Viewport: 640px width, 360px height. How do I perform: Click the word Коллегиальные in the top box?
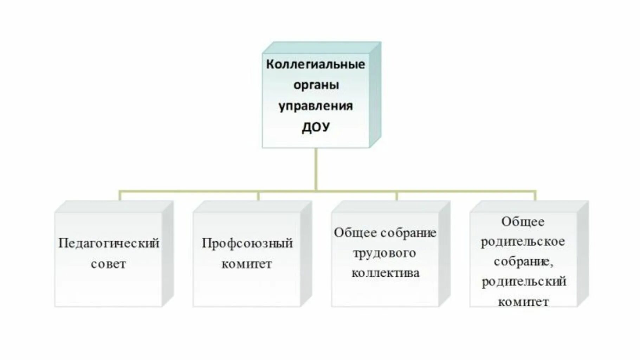coord(315,64)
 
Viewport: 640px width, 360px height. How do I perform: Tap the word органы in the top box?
coord(316,85)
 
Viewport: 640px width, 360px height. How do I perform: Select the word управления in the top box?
coord(316,106)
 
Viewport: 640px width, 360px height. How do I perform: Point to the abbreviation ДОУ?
coord(316,127)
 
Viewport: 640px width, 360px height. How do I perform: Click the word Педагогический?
coord(109,243)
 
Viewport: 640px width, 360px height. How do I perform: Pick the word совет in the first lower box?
coord(108,264)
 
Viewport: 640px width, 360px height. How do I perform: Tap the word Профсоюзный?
coord(247,243)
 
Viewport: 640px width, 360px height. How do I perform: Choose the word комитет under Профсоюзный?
coord(247,264)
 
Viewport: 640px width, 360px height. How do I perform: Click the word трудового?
coord(384,253)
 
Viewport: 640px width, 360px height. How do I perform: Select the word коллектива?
coord(385,273)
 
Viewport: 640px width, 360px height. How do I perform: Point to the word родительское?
coord(523,242)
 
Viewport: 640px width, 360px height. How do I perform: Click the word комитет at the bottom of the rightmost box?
coord(523,302)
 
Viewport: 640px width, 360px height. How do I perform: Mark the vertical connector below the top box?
coord(316,169)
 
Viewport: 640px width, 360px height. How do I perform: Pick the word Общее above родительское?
coord(523,221)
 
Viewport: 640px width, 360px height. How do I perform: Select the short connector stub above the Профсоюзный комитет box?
coord(258,196)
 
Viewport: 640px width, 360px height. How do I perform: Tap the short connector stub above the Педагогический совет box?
coord(119,196)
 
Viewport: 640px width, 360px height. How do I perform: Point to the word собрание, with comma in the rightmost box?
coord(523,262)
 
